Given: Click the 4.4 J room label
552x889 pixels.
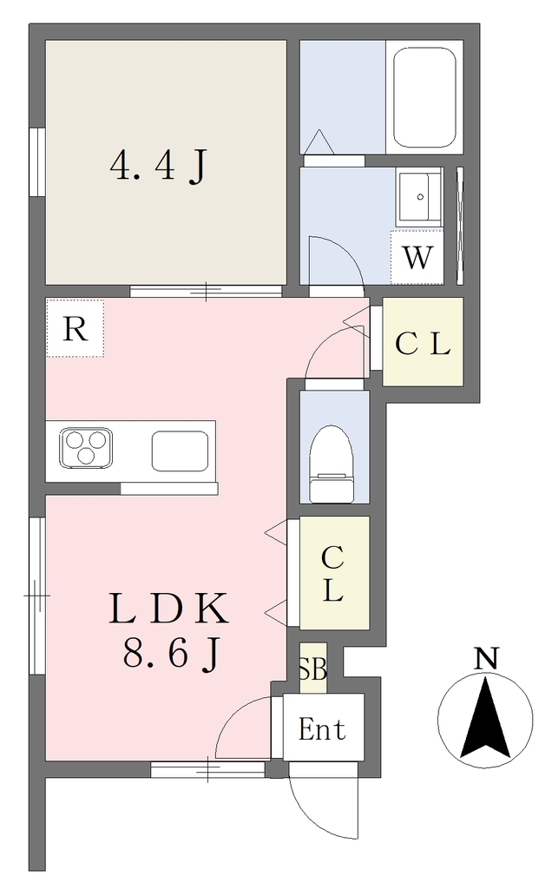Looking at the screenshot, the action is point(158,166).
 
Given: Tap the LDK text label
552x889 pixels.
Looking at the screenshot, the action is point(169,609).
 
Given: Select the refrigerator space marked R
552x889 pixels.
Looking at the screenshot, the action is point(75,328).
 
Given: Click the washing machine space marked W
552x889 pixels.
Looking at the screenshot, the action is point(417,257).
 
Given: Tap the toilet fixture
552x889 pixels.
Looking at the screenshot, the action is point(332,464).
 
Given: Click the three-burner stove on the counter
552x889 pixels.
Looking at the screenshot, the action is point(86,448).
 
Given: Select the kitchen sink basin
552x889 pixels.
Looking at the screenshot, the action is point(180,451).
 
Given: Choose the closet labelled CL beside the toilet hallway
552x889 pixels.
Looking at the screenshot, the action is point(423,342).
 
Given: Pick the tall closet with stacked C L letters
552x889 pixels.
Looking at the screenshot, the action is point(334,573).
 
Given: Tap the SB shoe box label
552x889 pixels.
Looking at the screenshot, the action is point(312,668).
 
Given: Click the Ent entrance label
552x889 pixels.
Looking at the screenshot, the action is point(322,729).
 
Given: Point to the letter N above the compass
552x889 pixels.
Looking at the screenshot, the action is point(486,658).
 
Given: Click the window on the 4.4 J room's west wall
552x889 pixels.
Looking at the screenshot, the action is point(37,162).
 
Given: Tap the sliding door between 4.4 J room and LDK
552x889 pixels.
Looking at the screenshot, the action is point(206,291).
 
